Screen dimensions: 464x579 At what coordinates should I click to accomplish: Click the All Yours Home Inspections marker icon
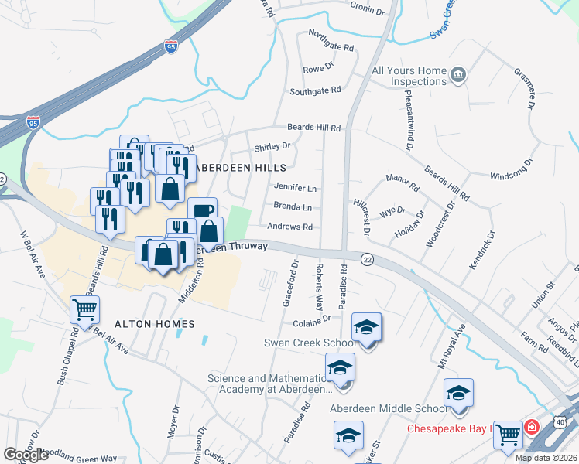coord(459,74)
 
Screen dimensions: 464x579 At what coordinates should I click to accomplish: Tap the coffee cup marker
coord(202,210)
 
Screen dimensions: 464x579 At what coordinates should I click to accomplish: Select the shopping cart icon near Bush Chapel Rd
coord(84,310)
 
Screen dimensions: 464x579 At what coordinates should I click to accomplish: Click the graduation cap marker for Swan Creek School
coord(366,327)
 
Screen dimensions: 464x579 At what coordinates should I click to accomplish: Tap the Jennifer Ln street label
coord(296,187)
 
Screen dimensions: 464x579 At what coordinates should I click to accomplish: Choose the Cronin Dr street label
coord(367,11)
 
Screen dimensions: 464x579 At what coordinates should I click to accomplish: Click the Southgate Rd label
coord(315,90)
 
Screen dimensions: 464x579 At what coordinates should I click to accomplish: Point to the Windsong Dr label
coord(512,170)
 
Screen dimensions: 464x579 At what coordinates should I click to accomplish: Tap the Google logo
coord(26,455)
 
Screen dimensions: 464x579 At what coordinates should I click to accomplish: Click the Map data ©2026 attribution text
coord(546,458)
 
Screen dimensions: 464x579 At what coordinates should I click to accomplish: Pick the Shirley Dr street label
coord(272,145)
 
